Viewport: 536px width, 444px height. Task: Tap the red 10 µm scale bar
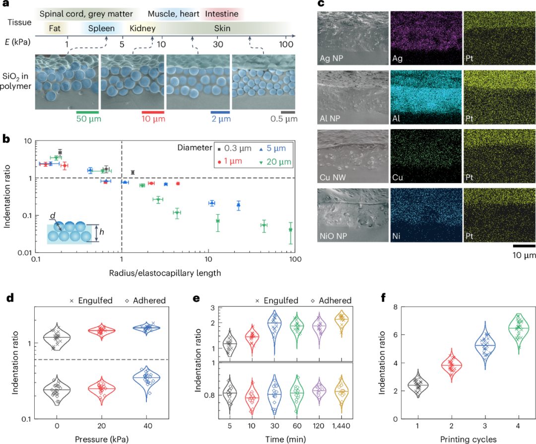(153, 112)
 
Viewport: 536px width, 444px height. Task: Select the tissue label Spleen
(101, 28)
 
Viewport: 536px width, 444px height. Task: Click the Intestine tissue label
(221, 14)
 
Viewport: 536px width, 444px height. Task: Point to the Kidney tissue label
(142, 28)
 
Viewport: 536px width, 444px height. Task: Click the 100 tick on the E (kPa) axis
(285, 44)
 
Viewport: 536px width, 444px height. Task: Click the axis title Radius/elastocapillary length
(165, 273)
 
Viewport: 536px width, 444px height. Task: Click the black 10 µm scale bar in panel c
(524, 245)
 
